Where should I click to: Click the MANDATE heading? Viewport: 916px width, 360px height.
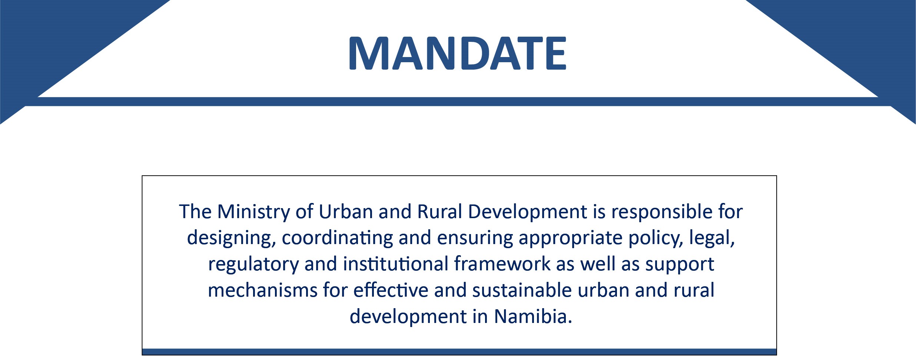click(458, 53)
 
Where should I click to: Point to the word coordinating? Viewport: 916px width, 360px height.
click(337, 238)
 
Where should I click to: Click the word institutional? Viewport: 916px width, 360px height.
click(396, 264)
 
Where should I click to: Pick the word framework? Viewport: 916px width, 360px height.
click(502, 264)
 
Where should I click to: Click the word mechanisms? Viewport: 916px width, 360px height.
click(263, 290)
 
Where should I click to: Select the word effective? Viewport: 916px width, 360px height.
click(391, 290)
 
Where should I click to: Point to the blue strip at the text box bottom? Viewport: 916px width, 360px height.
click(459, 352)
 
